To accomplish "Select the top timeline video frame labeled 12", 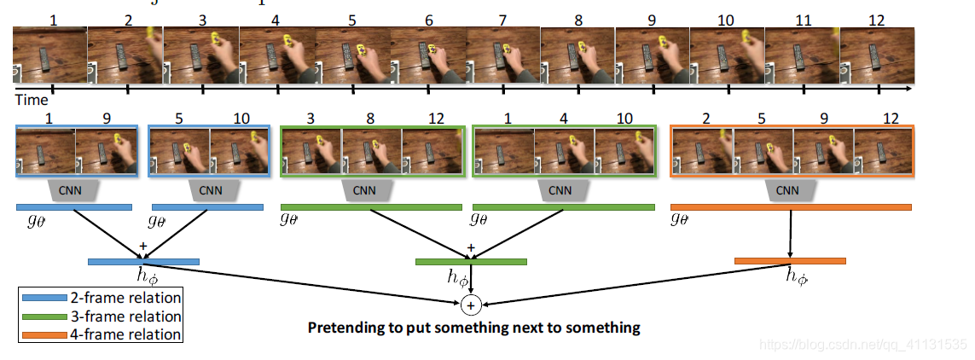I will pyautogui.click(x=877, y=56).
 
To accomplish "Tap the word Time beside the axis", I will pyautogui.click(x=32, y=100).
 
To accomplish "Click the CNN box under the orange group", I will pyautogui.click(x=791, y=190).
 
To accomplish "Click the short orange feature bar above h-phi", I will pyautogui.click(x=790, y=260).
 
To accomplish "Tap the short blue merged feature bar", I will pyautogui.click(x=143, y=261).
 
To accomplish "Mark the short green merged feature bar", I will pyautogui.click(x=471, y=261).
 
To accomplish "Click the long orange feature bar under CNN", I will pyautogui.click(x=791, y=206).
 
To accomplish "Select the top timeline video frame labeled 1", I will pyautogui.click(x=49, y=56).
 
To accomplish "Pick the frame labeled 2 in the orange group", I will pyautogui.click(x=703, y=151).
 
